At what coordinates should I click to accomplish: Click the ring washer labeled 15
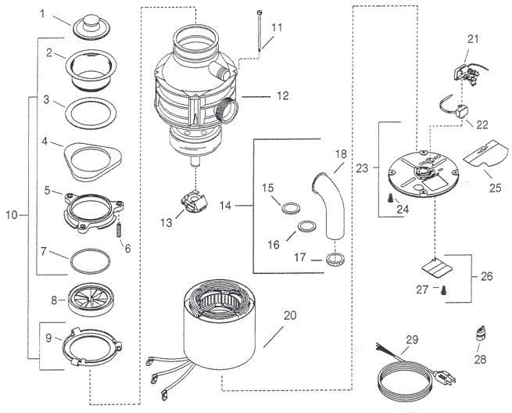pyautogui.click(x=289, y=209)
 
